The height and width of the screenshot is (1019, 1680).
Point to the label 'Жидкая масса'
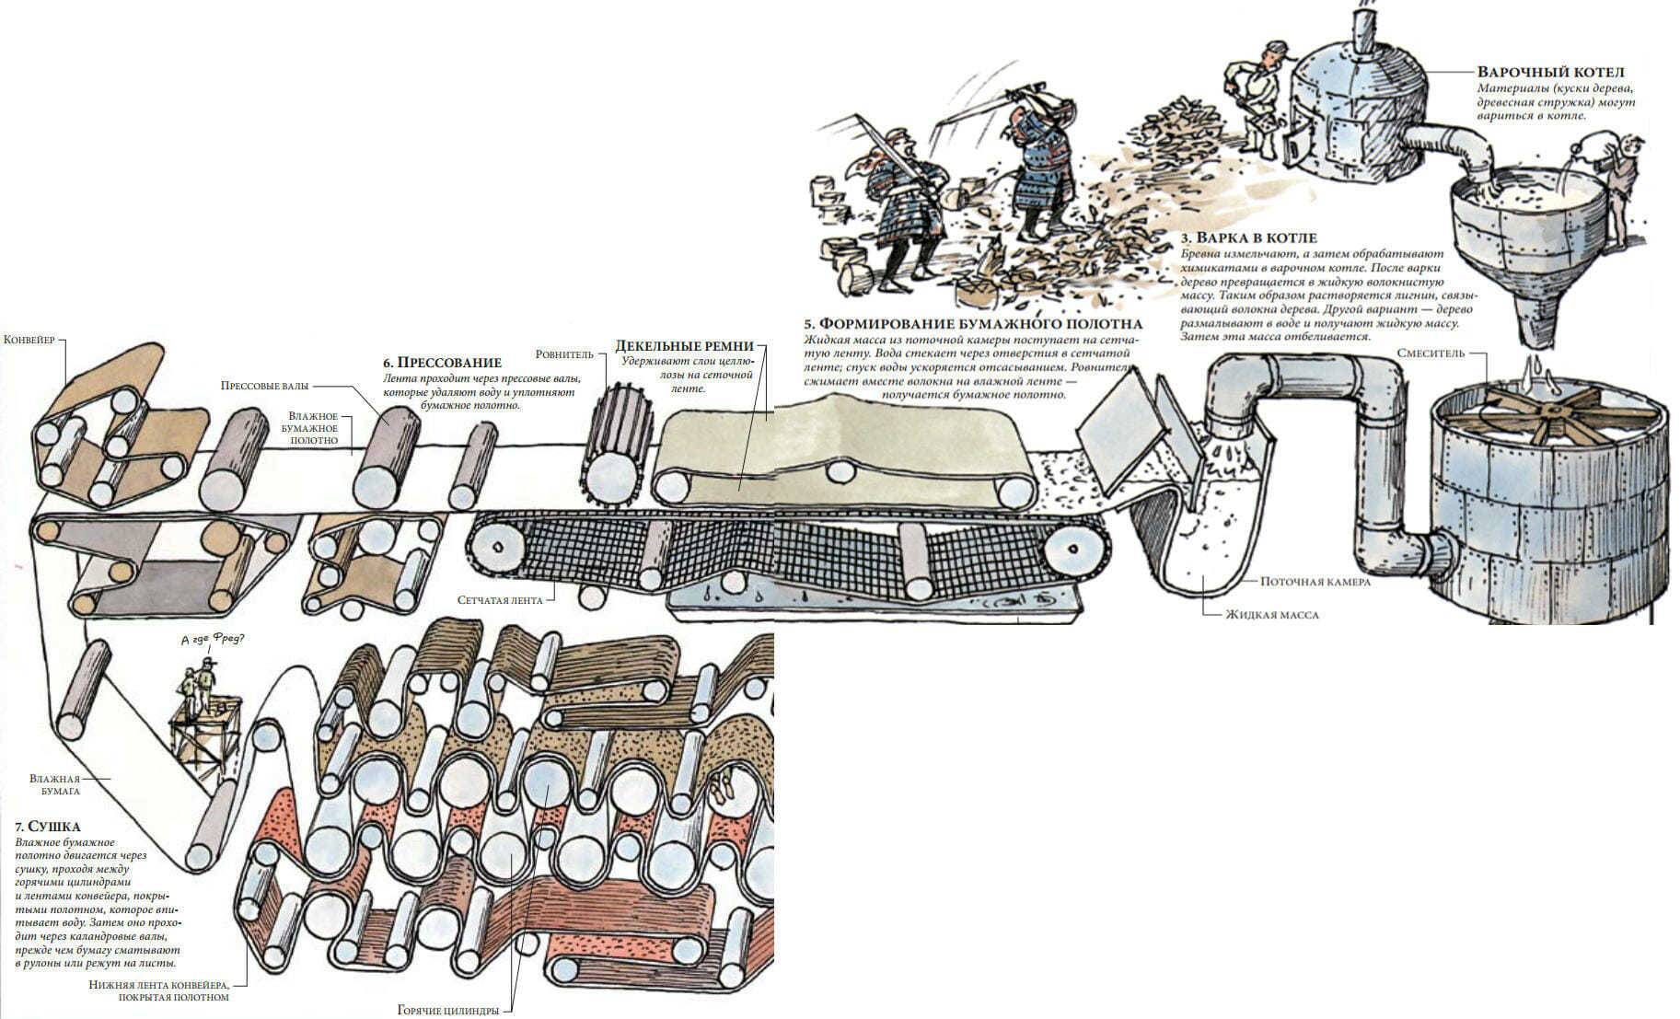1270,614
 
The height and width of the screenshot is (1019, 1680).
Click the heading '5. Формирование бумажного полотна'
973,324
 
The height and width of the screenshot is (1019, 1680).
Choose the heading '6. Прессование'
443,363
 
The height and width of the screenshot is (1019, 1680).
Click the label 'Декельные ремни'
684,347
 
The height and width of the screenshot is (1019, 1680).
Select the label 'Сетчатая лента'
500,600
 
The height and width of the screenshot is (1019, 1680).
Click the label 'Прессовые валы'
264,386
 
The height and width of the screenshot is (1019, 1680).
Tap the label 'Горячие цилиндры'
448,1010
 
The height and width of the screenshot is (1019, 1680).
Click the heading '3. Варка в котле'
1248,238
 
